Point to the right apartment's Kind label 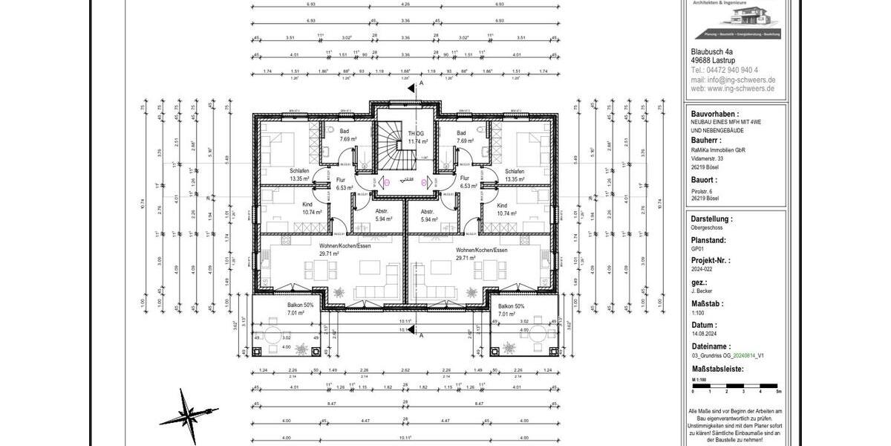503,205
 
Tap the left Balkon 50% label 300,306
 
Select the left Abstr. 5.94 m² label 383,216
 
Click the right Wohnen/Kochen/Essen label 482,251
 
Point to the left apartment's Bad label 345,132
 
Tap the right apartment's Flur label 464,178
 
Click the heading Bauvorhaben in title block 714,114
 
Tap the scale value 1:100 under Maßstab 698,313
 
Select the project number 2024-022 703,271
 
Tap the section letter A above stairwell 421,84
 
